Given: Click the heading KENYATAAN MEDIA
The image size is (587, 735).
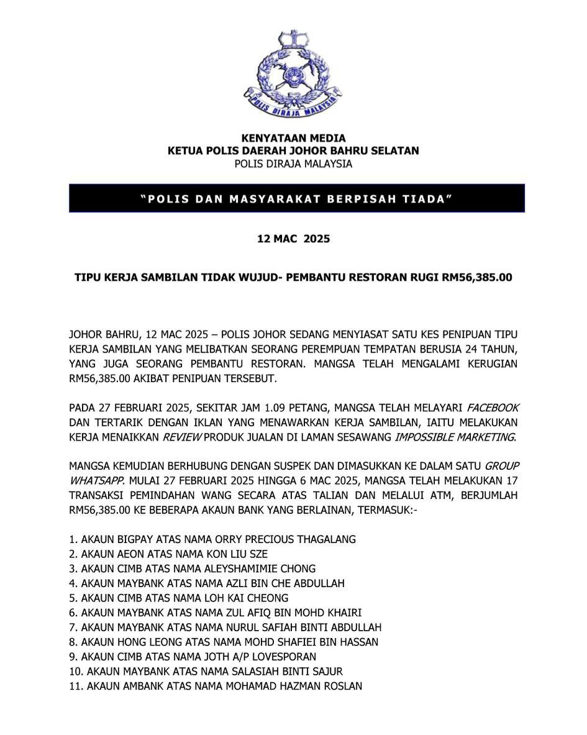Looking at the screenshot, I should point(293,138).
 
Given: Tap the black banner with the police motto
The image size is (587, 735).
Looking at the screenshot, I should point(297,199).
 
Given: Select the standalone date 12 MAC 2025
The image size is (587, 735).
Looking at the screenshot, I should point(293,239).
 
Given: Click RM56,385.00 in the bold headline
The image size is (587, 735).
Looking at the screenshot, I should point(476,277).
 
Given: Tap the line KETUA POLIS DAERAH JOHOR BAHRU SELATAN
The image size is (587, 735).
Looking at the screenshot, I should point(293,151).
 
